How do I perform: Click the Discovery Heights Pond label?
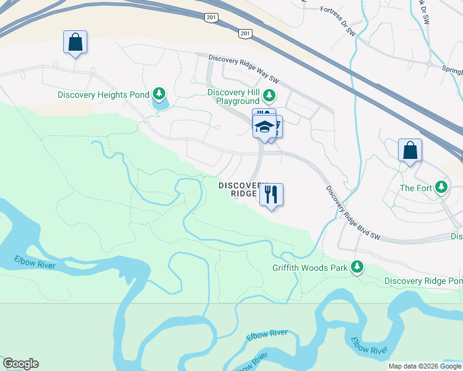103,95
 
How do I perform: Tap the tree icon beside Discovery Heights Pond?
160,94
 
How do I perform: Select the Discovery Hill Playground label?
233,96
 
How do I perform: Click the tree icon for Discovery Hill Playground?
269,95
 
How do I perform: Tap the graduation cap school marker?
264,126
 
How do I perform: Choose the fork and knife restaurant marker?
271,195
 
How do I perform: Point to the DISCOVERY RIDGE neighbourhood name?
238,189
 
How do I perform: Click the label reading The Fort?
415,188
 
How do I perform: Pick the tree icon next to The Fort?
441,186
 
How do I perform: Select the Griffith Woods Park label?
309,268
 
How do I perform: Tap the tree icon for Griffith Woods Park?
357,267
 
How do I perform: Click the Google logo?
20,364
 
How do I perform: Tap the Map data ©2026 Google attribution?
425,366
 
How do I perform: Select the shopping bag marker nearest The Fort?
410,150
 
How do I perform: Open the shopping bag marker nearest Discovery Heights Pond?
75,42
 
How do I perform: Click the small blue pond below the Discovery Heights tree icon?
160,104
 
